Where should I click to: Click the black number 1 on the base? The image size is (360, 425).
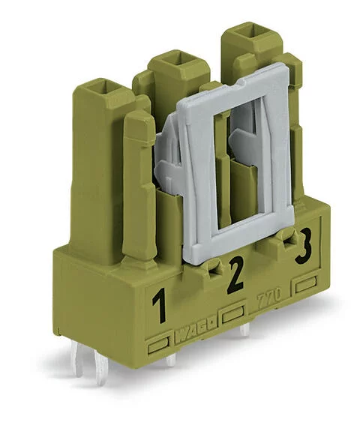click(x=158, y=308)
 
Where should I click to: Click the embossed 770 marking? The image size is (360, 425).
click(x=272, y=298)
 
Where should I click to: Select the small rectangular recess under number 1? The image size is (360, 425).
click(x=157, y=346)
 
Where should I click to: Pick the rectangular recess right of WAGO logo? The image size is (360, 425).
click(x=233, y=313)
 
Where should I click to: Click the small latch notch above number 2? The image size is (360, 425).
click(x=214, y=265)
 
